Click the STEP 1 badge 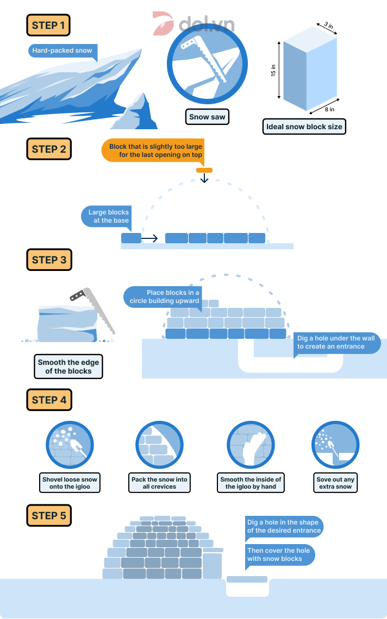pyautogui.click(x=48, y=25)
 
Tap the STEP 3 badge pyautogui.click(x=48, y=260)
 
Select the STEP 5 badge pyautogui.click(x=48, y=515)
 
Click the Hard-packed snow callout pyautogui.click(x=62, y=50)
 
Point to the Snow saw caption pyautogui.click(x=207, y=117)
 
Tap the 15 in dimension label pyautogui.click(x=273, y=71)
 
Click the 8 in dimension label pyautogui.click(x=329, y=109)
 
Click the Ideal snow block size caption pyautogui.click(x=304, y=127)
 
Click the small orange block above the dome pyautogui.click(x=204, y=170)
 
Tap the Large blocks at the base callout pyautogui.click(x=109, y=216)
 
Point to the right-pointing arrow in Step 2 pyautogui.click(x=150, y=238)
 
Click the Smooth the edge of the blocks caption pyautogui.click(x=68, y=367)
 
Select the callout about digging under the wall pyautogui.click(x=335, y=342)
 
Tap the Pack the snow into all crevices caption pyautogui.click(x=159, y=483)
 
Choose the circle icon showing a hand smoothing pyautogui.click(x=251, y=445)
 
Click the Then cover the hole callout pyautogui.click(x=279, y=554)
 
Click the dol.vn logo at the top pyautogui.click(x=193, y=24)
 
